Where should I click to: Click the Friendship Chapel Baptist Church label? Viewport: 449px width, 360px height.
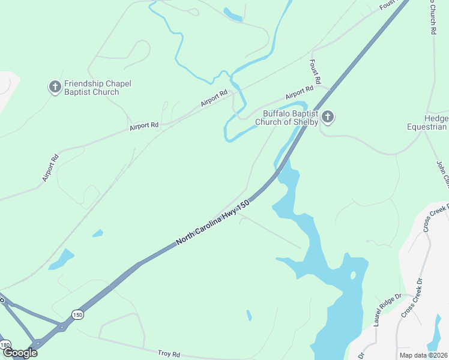click(97, 88)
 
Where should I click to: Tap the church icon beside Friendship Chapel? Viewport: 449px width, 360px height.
click(55, 88)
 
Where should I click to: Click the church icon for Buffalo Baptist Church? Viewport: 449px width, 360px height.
click(327, 116)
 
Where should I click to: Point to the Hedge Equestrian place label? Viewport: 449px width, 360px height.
click(427, 122)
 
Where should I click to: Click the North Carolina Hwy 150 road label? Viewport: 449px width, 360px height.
click(212, 223)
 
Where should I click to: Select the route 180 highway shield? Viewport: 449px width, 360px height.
click(5, 344)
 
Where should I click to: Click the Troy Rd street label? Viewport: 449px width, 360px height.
click(169, 354)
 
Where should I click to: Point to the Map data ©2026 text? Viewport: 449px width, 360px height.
click(424, 355)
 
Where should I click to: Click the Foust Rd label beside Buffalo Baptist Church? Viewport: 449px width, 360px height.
click(315, 71)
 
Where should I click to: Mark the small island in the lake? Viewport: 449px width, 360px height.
click(352, 275)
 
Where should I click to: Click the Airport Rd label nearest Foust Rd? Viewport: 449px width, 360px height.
click(300, 92)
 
